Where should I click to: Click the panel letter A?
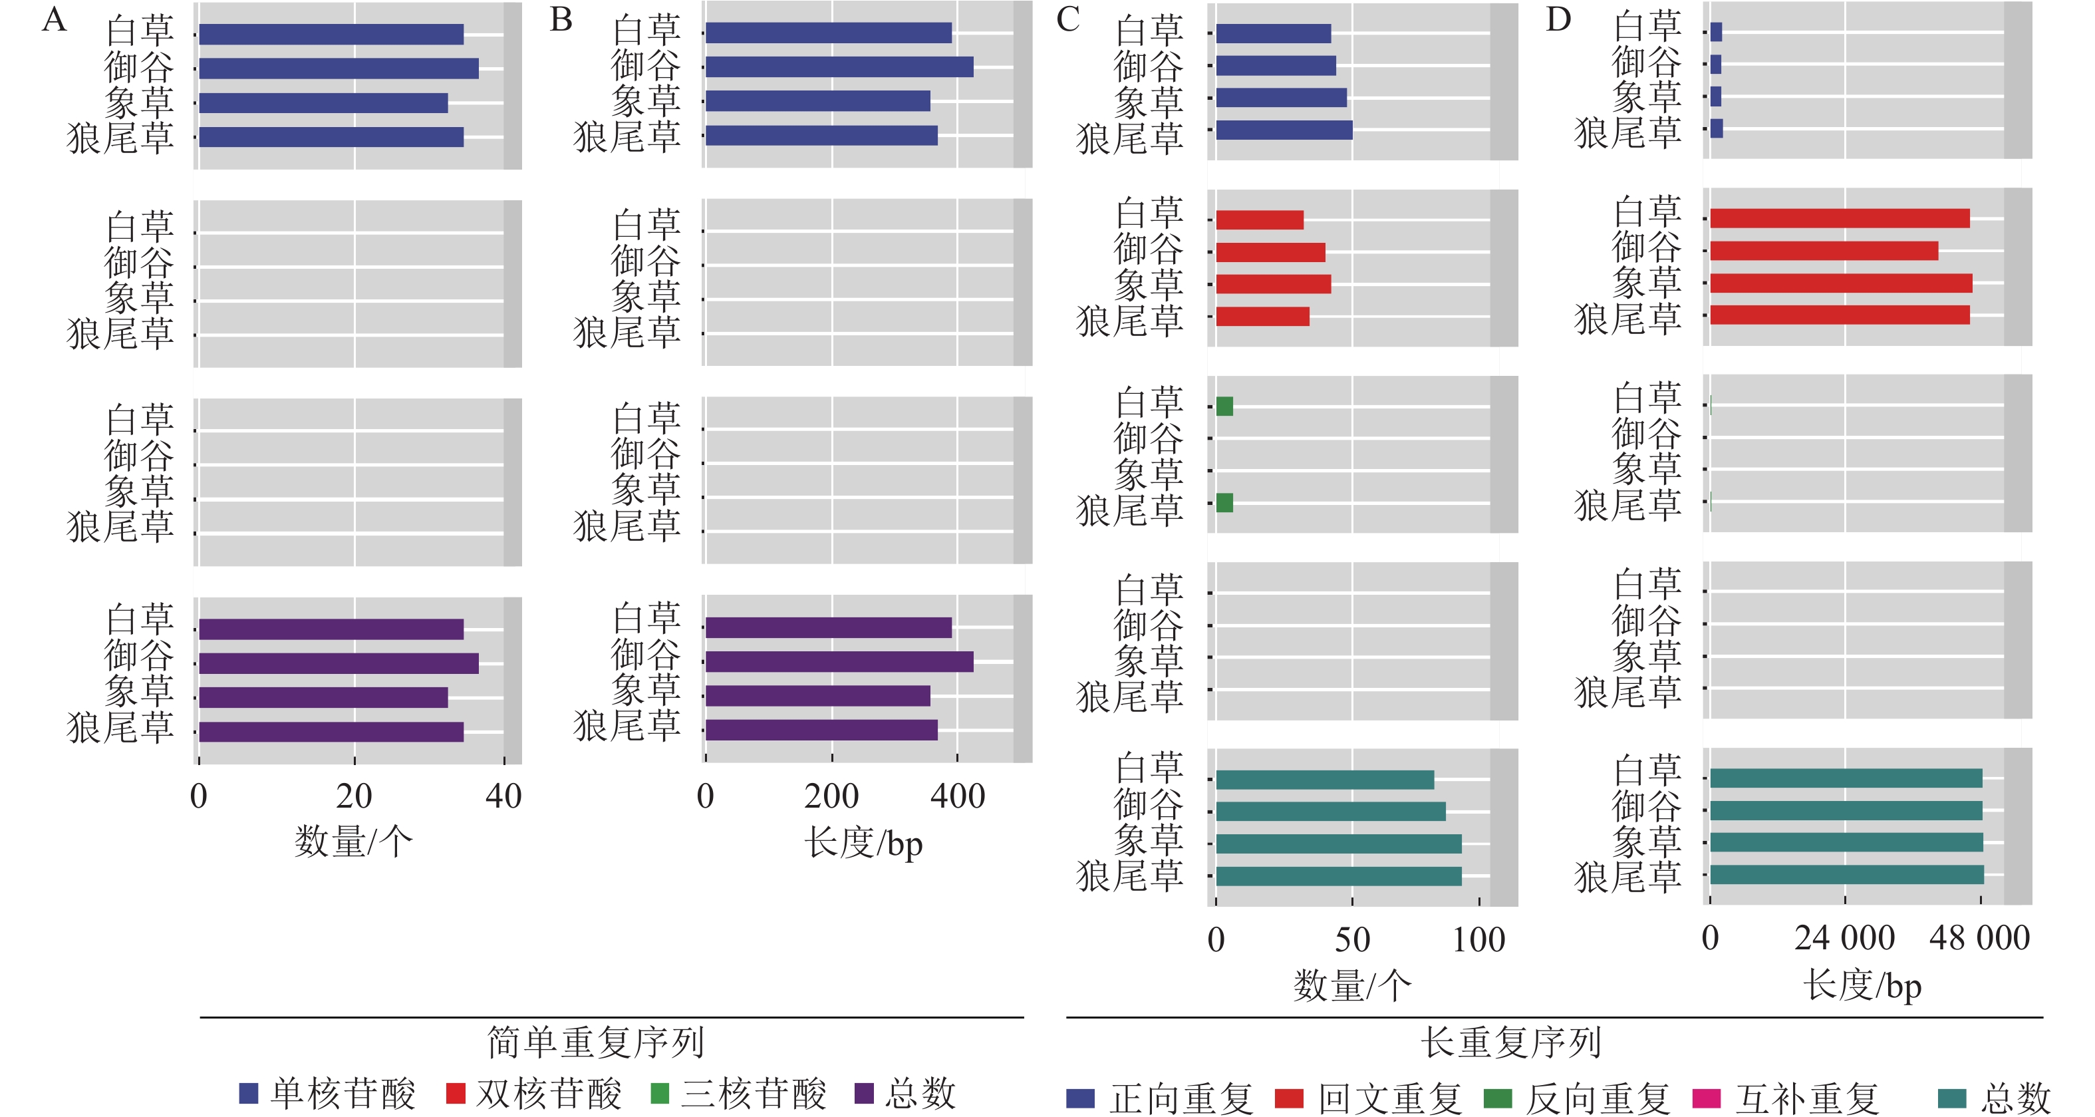tap(54, 19)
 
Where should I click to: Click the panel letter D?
tap(1558, 19)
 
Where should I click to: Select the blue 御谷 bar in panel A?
tap(339, 69)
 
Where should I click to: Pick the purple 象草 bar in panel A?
tap(323, 697)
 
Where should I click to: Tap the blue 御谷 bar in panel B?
tap(839, 67)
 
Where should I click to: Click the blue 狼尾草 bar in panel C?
tap(1284, 130)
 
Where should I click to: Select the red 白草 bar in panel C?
tap(1260, 220)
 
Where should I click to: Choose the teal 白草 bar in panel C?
tap(1325, 780)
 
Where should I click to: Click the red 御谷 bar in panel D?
tap(1824, 251)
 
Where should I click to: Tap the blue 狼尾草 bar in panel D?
tap(1717, 128)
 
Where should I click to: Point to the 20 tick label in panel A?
tap(354, 796)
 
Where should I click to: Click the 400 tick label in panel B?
tap(957, 796)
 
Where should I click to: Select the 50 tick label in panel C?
tap(1351, 939)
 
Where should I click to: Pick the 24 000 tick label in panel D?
tap(1844, 938)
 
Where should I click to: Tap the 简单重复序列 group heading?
tap(595, 1042)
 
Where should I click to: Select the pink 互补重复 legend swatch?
tap(1706, 1098)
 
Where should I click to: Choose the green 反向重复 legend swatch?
tap(1497, 1098)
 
